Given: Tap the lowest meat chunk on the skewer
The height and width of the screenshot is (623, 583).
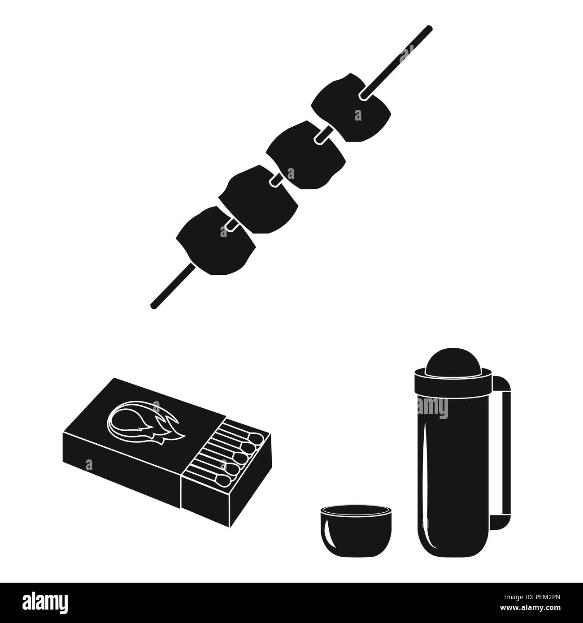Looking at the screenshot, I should point(215,235).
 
